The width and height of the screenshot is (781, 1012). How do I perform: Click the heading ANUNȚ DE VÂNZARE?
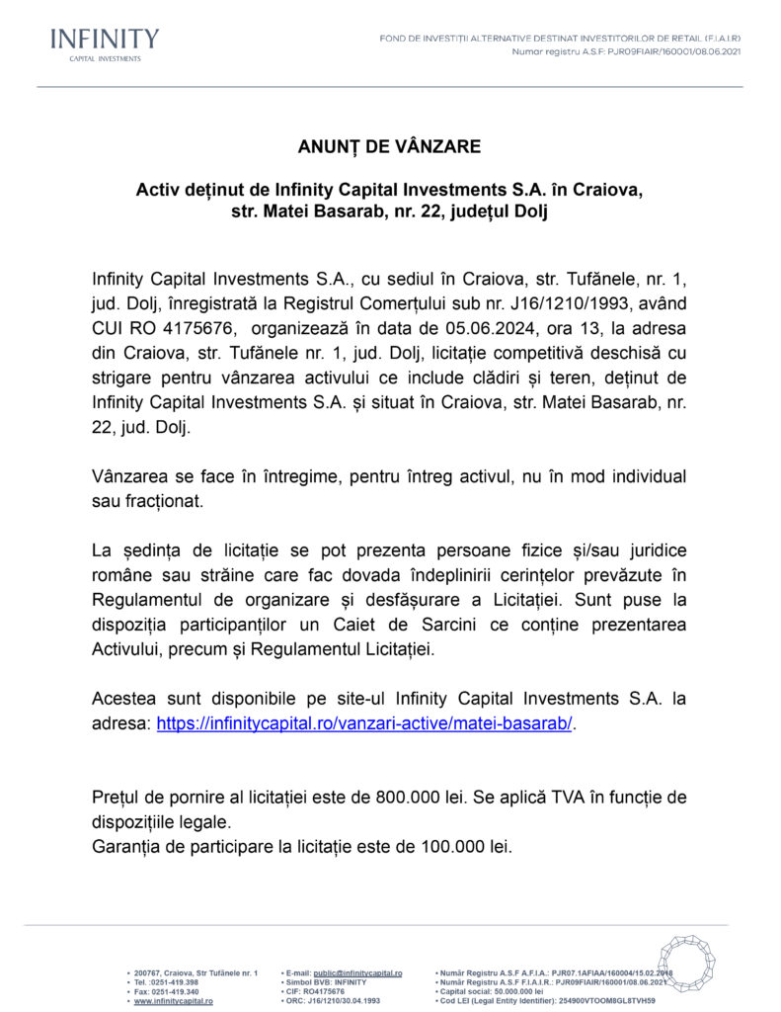click(x=389, y=146)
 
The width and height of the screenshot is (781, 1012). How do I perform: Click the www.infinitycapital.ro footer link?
click(x=173, y=1001)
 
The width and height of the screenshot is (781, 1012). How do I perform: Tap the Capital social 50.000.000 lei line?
click(x=494, y=992)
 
